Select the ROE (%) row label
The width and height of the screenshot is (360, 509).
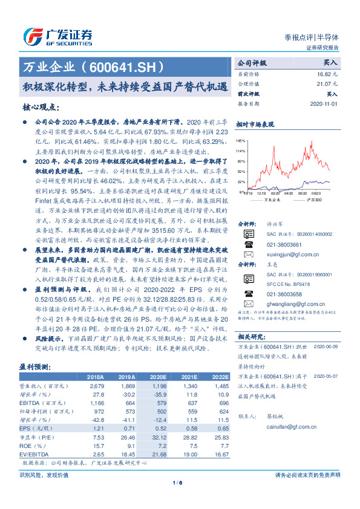click(x=30, y=445)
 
